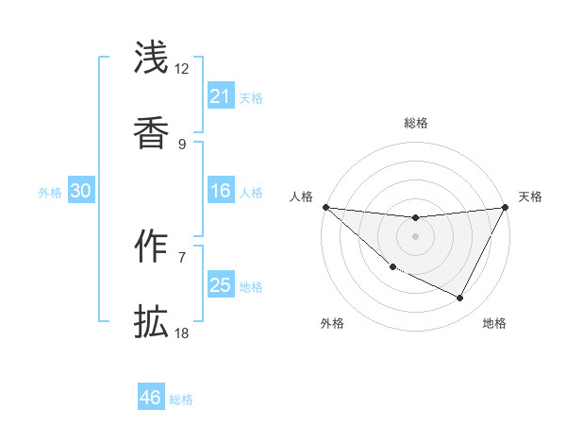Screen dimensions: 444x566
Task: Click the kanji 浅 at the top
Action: point(151,58)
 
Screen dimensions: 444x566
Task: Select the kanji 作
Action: point(151,248)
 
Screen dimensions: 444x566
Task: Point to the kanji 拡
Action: point(151,323)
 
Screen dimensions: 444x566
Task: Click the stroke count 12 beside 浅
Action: point(182,69)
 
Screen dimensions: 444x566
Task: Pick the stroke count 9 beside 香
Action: point(182,144)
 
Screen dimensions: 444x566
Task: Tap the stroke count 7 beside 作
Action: point(182,257)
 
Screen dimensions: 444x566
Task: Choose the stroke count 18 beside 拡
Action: point(182,333)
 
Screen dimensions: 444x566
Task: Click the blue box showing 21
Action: point(220,96)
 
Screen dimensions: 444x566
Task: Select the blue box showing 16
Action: point(220,191)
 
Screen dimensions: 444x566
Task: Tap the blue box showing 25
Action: point(220,285)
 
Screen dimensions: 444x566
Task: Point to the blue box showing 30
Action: point(81,191)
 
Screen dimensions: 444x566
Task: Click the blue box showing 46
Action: point(151,398)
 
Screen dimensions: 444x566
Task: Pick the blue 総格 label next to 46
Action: point(181,400)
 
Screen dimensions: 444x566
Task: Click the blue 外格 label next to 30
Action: point(50,192)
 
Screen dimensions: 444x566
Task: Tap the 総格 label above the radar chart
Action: point(415,123)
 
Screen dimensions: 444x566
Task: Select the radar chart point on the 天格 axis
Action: point(506,207)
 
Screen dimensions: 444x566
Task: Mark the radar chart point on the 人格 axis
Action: point(325,207)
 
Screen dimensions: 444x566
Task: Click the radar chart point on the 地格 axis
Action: point(460,299)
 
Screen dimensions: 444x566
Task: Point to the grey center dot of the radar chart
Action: point(415,236)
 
